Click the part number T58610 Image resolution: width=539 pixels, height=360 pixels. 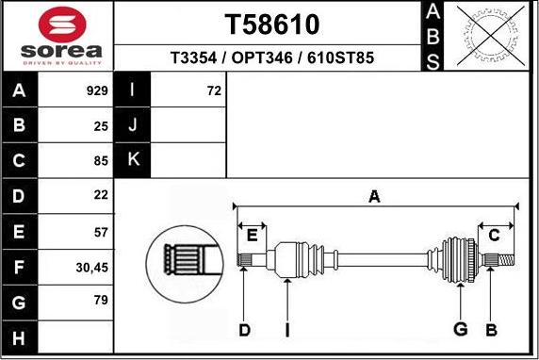click(x=272, y=24)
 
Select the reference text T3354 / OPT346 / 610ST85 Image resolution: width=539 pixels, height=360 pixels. click(x=272, y=57)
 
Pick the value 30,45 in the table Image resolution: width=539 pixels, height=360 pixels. click(x=92, y=268)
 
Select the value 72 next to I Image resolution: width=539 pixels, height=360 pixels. click(x=213, y=91)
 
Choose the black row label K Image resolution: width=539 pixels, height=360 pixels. click(x=133, y=159)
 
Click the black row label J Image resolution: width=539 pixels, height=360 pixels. click(x=133, y=125)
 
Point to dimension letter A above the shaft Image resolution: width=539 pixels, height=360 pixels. click(x=374, y=196)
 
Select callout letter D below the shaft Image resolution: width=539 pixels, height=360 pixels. click(x=244, y=330)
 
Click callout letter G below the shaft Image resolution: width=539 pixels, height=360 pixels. click(x=461, y=330)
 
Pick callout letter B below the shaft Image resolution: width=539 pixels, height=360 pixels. click(x=490, y=330)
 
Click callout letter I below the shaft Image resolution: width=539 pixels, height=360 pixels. click(x=287, y=330)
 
